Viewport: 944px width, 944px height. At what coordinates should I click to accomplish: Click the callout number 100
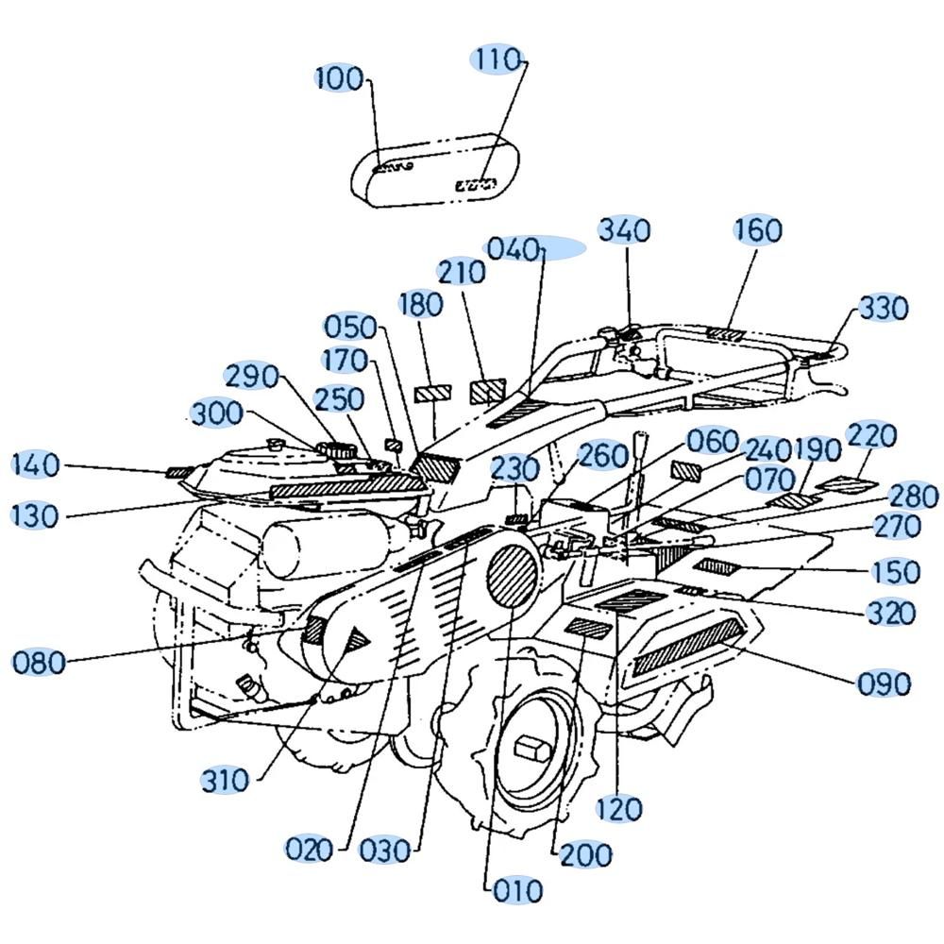tap(340, 79)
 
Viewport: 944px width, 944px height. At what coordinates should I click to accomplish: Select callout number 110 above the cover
tap(498, 59)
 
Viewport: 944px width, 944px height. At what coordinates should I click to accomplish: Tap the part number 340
tap(624, 230)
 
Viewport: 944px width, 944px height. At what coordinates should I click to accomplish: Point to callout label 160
tap(758, 229)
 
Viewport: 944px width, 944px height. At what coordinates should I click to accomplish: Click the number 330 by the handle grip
tap(884, 309)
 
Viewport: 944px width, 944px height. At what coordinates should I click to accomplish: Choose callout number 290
tap(252, 377)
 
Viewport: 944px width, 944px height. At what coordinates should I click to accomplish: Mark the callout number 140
tap(36, 464)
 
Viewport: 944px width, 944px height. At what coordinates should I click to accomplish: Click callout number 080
tap(39, 663)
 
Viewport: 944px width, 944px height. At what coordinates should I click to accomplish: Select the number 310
tap(226, 781)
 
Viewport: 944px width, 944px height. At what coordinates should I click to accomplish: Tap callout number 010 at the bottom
tap(517, 890)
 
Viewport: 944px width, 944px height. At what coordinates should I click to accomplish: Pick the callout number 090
tap(884, 683)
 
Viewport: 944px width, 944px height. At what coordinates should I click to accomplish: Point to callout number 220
tap(871, 435)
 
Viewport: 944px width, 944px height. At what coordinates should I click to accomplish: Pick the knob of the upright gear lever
tap(640, 440)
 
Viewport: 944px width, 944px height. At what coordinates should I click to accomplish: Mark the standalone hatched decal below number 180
tap(433, 393)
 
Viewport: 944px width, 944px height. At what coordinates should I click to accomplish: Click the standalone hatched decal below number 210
tap(488, 391)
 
